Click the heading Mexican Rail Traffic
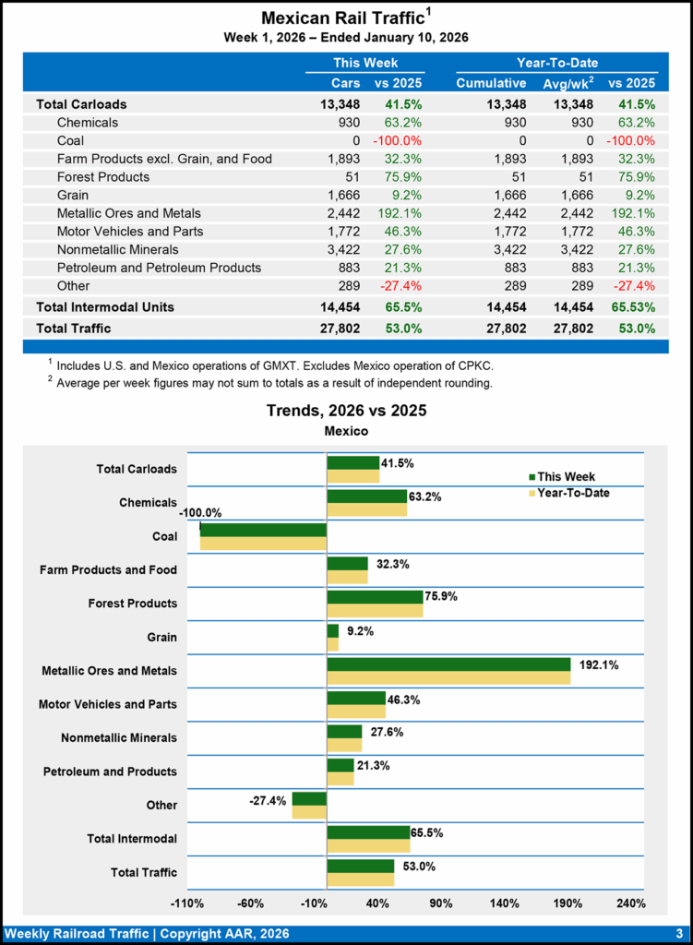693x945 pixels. (x=341, y=18)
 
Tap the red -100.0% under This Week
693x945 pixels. (x=398, y=140)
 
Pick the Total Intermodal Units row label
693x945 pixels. (x=104, y=306)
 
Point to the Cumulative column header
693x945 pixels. (x=491, y=83)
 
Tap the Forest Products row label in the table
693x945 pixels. (x=102, y=176)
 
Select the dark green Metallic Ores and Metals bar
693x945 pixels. (x=448, y=664)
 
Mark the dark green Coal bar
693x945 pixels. (x=263, y=530)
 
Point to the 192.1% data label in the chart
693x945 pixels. (x=597, y=664)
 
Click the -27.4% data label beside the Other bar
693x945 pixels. (x=268, y=800)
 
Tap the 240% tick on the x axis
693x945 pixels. (x=630, y=903)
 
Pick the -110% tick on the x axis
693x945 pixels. (x=188, y=903)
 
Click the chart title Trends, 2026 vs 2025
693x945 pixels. (x=346, y=410)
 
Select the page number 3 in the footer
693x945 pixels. (x=678, y=933)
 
